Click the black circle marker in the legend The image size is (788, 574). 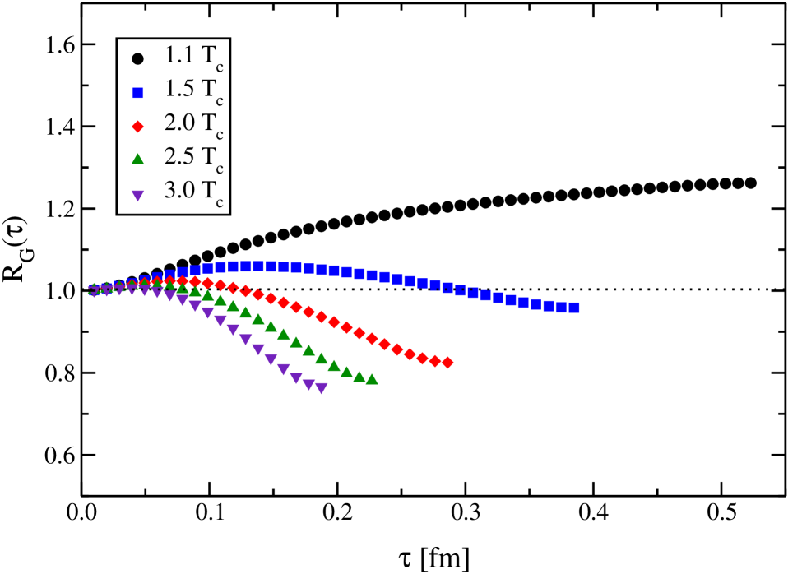(x=137, y=58)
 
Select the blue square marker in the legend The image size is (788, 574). (x=137, y=93)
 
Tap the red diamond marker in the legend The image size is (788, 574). (x=137, y=127)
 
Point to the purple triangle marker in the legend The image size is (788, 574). (x=137, y=196)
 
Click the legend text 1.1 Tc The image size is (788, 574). (x=193, y=58)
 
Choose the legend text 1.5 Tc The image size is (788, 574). (x=193, y=91)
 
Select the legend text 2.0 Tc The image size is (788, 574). (x=193, y=125)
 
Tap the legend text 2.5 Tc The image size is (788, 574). (x=193, y=159)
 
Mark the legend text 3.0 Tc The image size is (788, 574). (x=193, y=192)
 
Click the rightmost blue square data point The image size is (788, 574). (x=574, y=308)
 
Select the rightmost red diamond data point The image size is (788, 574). (x=447, y=363)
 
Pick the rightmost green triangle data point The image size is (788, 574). (x=372, y=379)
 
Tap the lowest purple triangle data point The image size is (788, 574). (x=322, y=389)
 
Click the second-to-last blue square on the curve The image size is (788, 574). (x=562, y=307)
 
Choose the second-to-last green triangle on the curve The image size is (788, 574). (x=359, y=376)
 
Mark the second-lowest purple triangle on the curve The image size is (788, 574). (x=308, y=384)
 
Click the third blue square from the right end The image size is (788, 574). (x=549, y=305)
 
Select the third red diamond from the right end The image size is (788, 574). (x=422, y=358)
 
